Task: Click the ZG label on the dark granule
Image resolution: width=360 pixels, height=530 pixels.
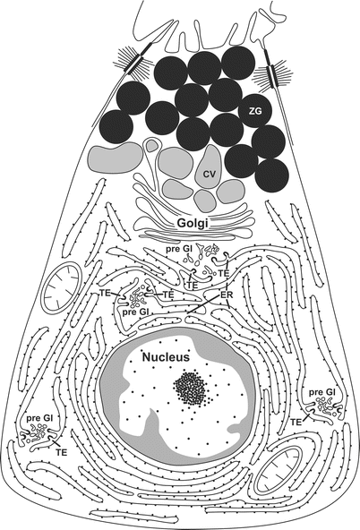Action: pyautogui.click(x=255, y=111)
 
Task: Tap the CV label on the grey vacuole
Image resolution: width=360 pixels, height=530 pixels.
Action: pyautogui.click(x=210, y=174)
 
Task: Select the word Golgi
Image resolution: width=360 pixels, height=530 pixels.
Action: pyautogui.click(x=193, y=224)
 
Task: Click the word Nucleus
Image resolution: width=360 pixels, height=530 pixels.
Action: pyautogui.click(x=166, y=356)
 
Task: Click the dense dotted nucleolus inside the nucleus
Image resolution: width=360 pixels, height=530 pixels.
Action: pyautogui.click(x=190, y=387)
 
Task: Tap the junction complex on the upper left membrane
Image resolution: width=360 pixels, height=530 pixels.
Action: pyautogui.click(x=135, y=61)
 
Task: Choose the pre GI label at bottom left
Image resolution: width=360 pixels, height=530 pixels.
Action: pyautogui.click(x=39, y=419)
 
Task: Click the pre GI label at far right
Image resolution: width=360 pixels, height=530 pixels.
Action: pyautogui.click(x=322, y=392)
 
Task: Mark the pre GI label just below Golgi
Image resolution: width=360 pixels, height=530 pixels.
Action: pyautogui.click(x=179, y=249)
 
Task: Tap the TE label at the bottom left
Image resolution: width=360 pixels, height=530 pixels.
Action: pyautogui.click(x=62, y=452)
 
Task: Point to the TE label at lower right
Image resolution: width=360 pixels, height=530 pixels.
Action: pyautogui.click(x=296, y=422)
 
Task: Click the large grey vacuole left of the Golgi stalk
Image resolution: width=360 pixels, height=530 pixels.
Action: pyautogui.click(x=115, y=158)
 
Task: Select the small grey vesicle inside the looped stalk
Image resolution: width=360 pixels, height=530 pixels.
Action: pyautogui.click(x=151, y=146)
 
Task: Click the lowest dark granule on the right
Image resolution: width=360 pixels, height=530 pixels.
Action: pyautogui.click(x=272, y=175)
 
